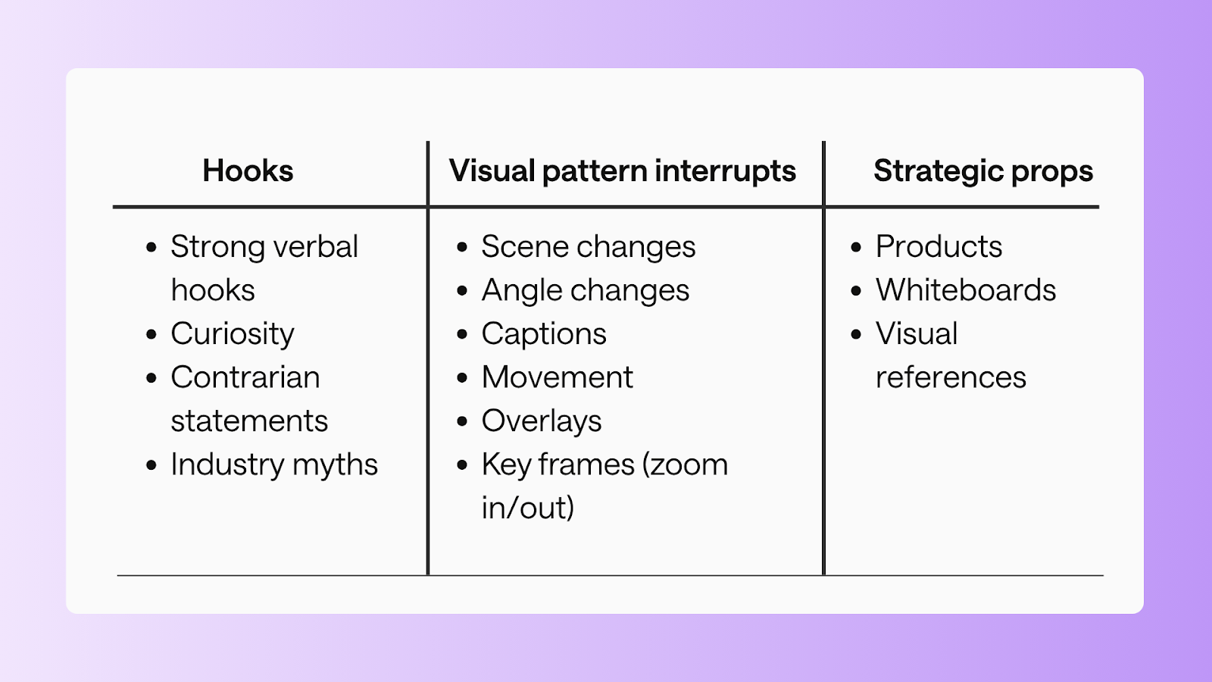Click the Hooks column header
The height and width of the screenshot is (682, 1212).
pyautogui.click(x=248, y=171)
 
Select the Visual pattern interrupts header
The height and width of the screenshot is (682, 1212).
pyautogui.click(x=622, y=171)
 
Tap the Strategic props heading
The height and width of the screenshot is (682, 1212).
pyautogui.click(x=982, y=171)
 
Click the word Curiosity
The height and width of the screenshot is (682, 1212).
pyautogui.click(x=232, y=334)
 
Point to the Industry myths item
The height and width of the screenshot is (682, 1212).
pyautogui.click(x=273, y=465)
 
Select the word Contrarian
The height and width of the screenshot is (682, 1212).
pyautogui.click(x=245, y=377)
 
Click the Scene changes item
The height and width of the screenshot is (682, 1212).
pyautogui.click(x=588, y=247)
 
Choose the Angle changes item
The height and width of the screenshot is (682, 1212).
pyautogui.click(x=585, y=290)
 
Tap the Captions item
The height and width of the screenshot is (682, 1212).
pyautogui.click(x=543, y=334)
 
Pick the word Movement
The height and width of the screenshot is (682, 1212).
pyautogui.click(x=557, y=377)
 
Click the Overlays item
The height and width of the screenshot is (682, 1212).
pyautogui.click(x=541, y=421)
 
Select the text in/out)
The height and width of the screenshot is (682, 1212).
pyautogui.click(x=527, y=508)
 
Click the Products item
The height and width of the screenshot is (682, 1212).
pyautogui.click(x=939, y=247)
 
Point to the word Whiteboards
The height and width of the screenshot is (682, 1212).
pyautogui.click(x=965, y=290)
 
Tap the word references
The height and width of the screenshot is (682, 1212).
pyautogui.click(x=950, y=377)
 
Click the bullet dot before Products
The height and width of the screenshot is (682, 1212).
pyautogui.click(x=856, y=248)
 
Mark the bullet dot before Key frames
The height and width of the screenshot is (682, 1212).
pyautogui.click(x=462, y=465)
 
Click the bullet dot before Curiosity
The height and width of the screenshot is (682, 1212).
pyautogui.click(x=151, y=335)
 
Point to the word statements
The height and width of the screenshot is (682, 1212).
pyautogui.click(x=249, y=421)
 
